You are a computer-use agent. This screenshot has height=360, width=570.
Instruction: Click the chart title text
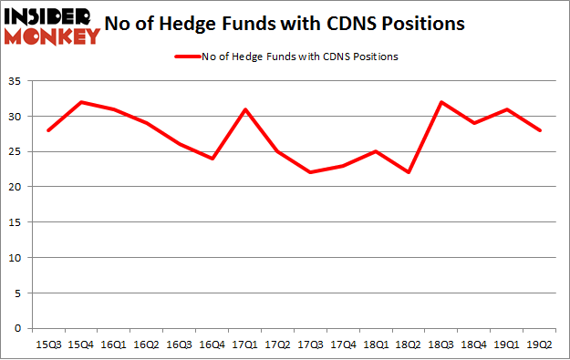(x=290, y=24)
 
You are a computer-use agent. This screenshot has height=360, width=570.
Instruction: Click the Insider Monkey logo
(x=52, y=25)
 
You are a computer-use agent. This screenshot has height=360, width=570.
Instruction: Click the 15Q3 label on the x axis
(x=48, y=345)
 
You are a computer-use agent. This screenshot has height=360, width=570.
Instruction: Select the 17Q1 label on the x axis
(x=246, y=345)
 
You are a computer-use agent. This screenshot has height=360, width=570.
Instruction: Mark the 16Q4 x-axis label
(x=213, y=345)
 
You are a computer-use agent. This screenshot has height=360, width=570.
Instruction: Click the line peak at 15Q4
(x=81, y=102)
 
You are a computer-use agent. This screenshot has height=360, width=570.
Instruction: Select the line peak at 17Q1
(x=246, y=109)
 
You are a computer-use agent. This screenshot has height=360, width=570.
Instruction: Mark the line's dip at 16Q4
(x=213, y=159)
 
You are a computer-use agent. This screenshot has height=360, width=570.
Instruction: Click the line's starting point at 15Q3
(x=48, y=130)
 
